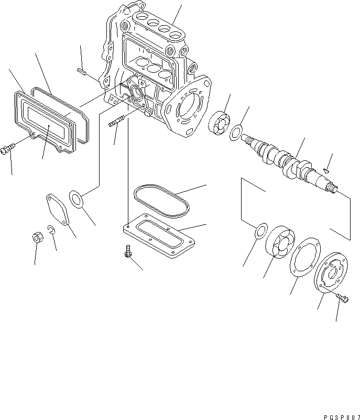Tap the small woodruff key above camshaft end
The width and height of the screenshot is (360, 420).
[x=326, y=170]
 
